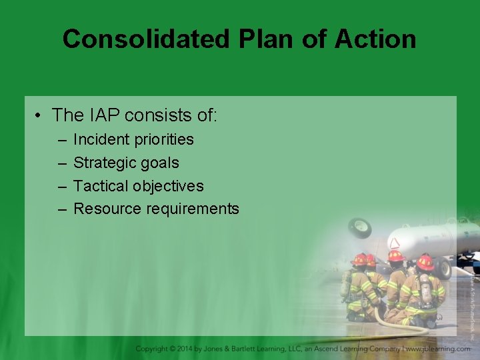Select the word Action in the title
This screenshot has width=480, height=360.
[375, 39]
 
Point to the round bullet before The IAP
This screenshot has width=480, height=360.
[40, 116]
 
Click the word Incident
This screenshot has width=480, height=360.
[101, 139]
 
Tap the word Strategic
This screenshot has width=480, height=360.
[103, 163]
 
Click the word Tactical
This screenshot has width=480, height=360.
[100, 186]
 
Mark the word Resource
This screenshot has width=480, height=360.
[106, 209]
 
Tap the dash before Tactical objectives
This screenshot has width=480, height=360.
[62, 186]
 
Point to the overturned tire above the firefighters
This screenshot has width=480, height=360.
[359, 227]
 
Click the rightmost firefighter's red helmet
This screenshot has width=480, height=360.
[425, 262]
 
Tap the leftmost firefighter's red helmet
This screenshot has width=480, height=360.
[360, 259]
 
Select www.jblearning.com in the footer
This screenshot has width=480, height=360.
[438, 349]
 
